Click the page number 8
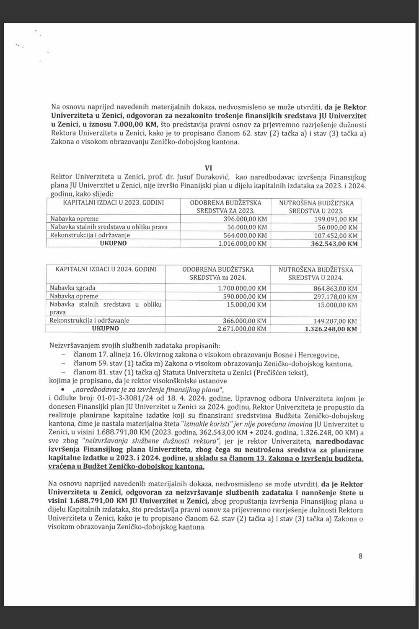coord(360,556)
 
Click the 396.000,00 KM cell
coord(241,219)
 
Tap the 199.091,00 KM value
coord(335,219)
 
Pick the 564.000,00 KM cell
coord(241,235)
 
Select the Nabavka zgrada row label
coord(73,288)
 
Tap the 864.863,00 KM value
coord(335,288)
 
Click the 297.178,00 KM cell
coord(335,296)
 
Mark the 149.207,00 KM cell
coord(335,321)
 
